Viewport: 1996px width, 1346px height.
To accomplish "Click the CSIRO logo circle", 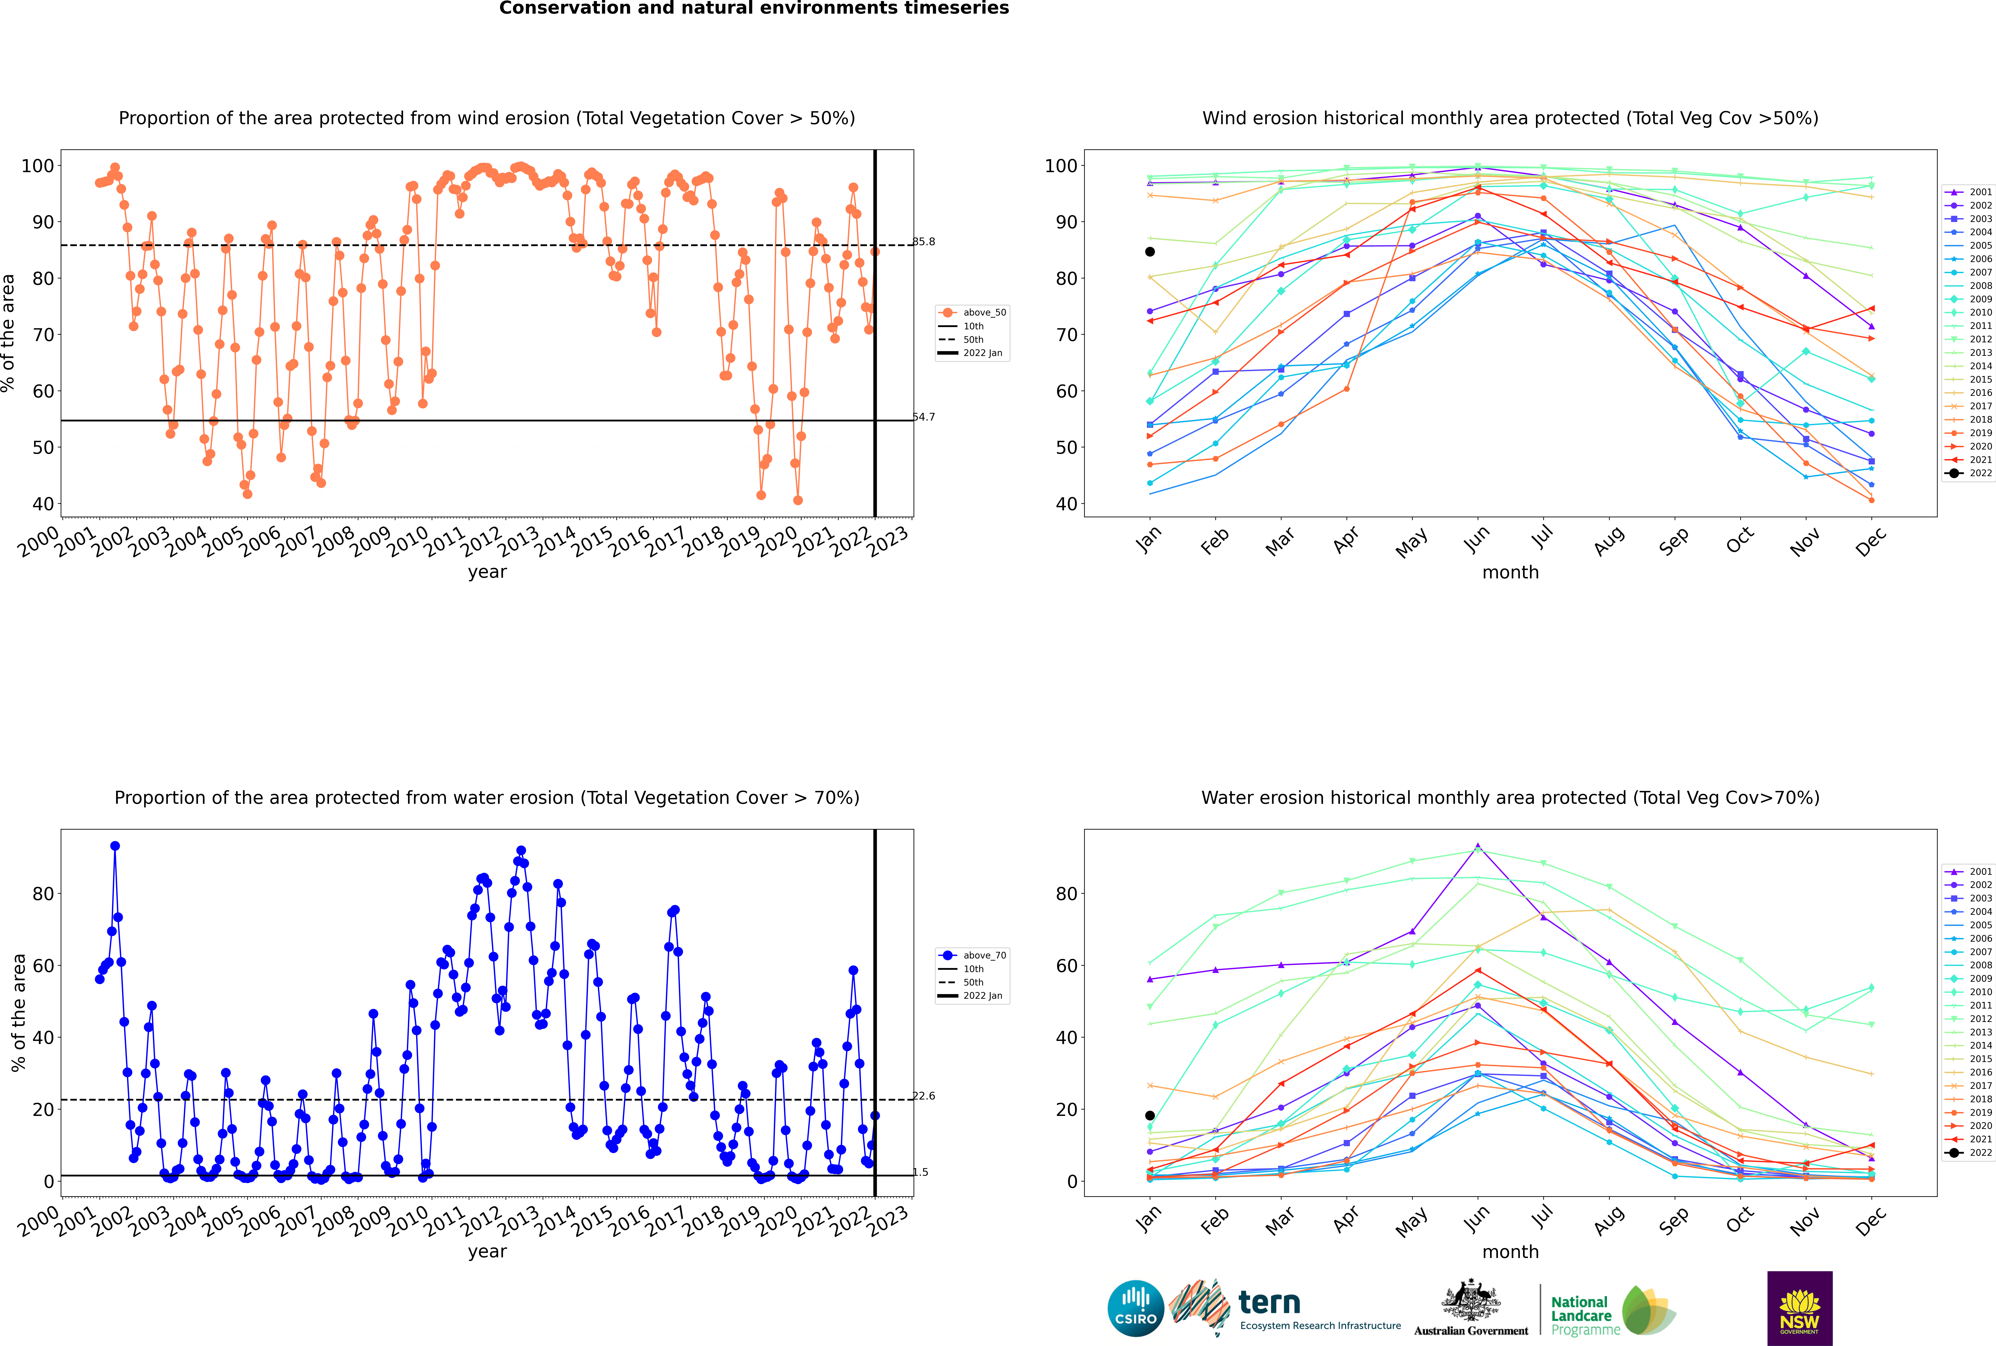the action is [x=1135, y=1308].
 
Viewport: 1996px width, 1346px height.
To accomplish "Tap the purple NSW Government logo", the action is [x=1799, y=1308].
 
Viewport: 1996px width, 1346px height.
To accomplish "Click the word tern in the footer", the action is [x=1269, y=1303].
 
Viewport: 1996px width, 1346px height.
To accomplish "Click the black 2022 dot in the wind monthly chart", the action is [x=1150, y=252].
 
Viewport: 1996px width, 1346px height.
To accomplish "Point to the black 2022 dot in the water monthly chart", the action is [x=1150, y=1115].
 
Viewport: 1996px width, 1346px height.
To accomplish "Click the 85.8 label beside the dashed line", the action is [x=924, y=241].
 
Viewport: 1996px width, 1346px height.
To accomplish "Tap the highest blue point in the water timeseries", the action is [x=115, y=846].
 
